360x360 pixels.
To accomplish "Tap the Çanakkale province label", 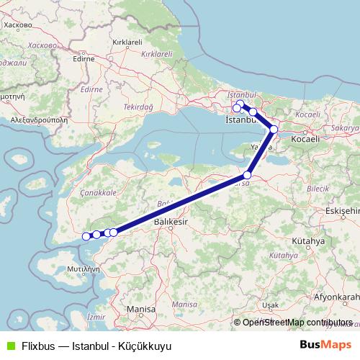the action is tap(99, 193).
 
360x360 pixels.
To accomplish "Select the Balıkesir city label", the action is tap(171, 224).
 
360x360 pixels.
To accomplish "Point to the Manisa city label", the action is tap(140, 309).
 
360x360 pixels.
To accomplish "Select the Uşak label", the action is tap(271, 305).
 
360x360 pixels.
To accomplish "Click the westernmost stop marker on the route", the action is tap(86, 236).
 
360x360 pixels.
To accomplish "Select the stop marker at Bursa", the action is tap(248, 175).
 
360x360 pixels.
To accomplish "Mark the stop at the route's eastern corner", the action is tap(274, 130).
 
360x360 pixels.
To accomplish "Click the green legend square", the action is tap(9, 346).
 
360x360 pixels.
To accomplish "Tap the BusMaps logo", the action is tap(325, 345).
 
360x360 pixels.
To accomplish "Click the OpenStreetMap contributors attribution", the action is tap(297, 323).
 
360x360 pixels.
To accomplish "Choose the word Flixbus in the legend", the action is tap(37, 346).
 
